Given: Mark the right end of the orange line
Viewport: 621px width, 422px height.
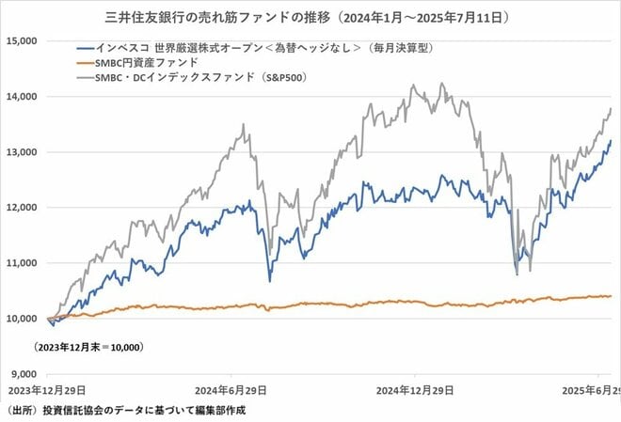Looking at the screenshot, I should (x=610, y=295).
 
